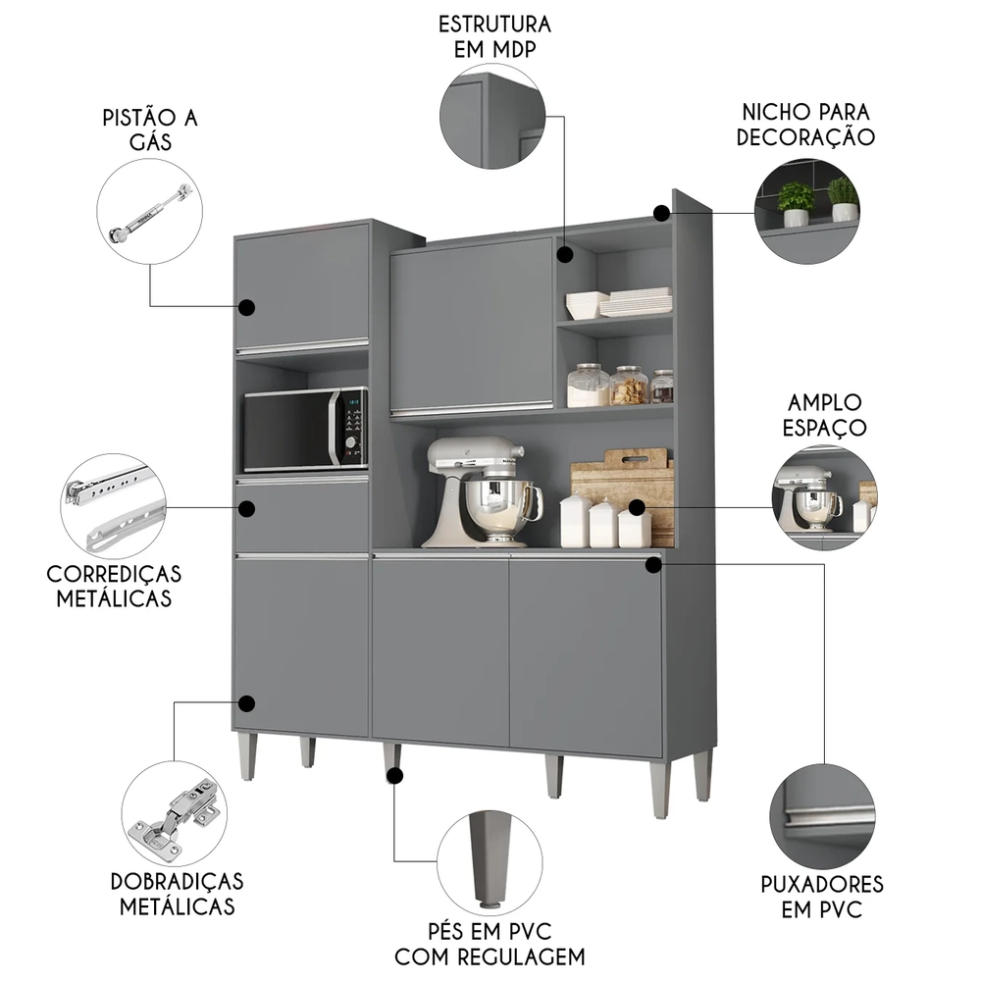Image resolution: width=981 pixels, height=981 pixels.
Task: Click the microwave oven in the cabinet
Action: (305, 430)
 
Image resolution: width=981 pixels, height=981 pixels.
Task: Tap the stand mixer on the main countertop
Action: (482, 491)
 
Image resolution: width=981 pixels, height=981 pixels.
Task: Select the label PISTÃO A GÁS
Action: (150, 129)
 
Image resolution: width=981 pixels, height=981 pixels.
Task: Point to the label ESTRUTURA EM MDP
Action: (494, 36)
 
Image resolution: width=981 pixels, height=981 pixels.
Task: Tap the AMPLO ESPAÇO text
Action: (824, 415)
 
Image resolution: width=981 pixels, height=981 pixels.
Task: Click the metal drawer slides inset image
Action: (114, 506)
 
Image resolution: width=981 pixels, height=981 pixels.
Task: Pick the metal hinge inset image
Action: (175, 813)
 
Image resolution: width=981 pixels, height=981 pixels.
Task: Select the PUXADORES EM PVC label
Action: (822, 897)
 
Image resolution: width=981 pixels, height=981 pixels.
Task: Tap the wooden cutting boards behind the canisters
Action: (628, 481)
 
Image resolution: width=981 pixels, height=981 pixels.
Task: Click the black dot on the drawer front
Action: (247, 509)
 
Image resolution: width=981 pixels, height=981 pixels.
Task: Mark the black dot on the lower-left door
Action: (247, 703)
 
